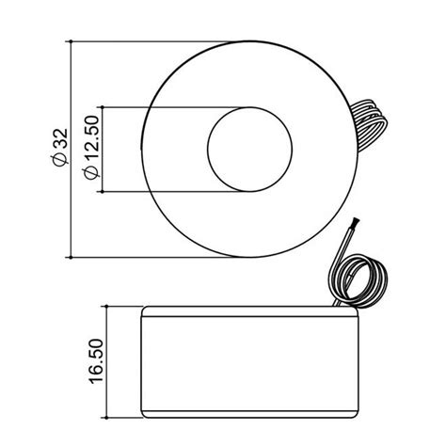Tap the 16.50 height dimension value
pos(94,358)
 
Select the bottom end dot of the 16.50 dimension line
pos(106,415)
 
